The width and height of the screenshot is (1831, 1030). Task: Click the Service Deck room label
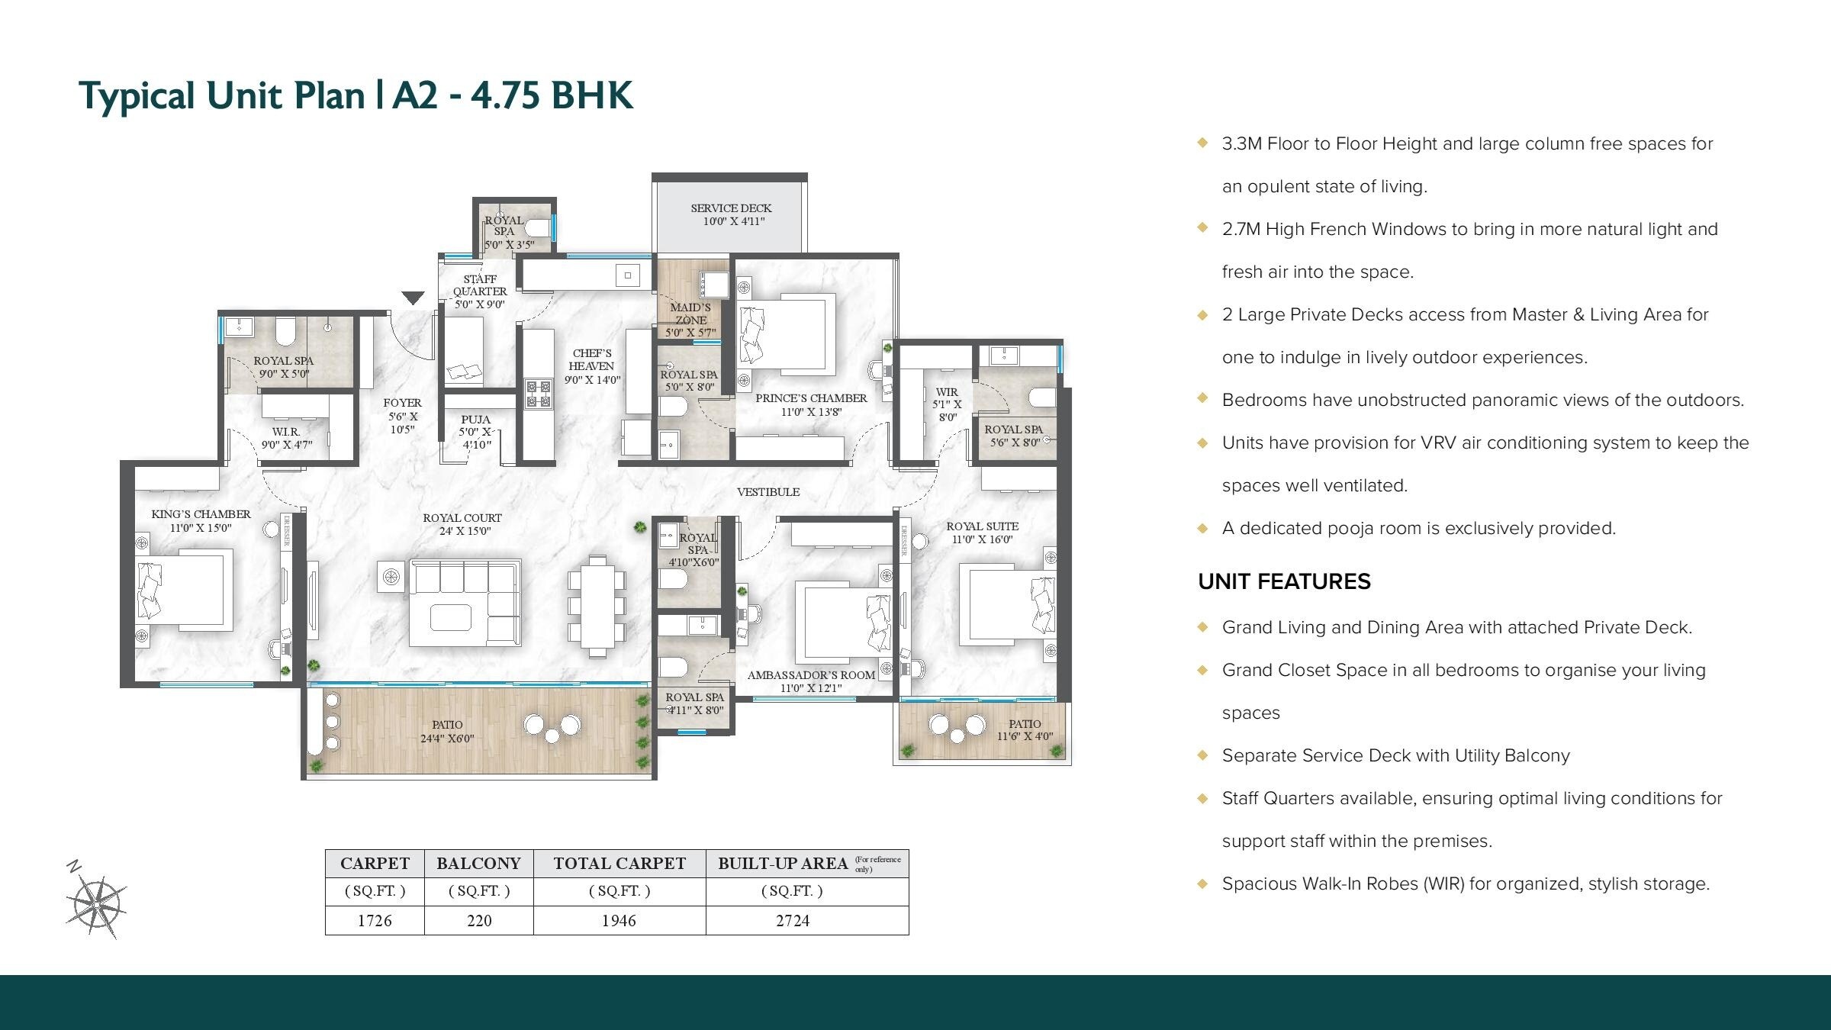731,214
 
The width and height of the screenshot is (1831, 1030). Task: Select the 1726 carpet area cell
375,920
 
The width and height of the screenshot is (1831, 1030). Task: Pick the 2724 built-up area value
793,920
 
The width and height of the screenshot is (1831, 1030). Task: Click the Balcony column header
478,864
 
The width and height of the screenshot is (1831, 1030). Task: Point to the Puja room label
475,431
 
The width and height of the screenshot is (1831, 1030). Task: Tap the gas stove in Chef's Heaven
538,394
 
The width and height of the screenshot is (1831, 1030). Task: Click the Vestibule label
768,492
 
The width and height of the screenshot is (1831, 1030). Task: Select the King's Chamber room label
201,520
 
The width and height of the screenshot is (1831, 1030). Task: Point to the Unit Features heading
1284,581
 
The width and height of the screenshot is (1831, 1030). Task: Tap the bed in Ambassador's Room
843,622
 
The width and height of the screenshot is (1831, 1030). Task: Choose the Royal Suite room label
982,532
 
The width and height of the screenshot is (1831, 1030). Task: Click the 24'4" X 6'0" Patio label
447,731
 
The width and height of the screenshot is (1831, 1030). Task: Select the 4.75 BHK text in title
552,96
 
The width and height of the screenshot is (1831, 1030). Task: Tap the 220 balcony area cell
479,920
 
